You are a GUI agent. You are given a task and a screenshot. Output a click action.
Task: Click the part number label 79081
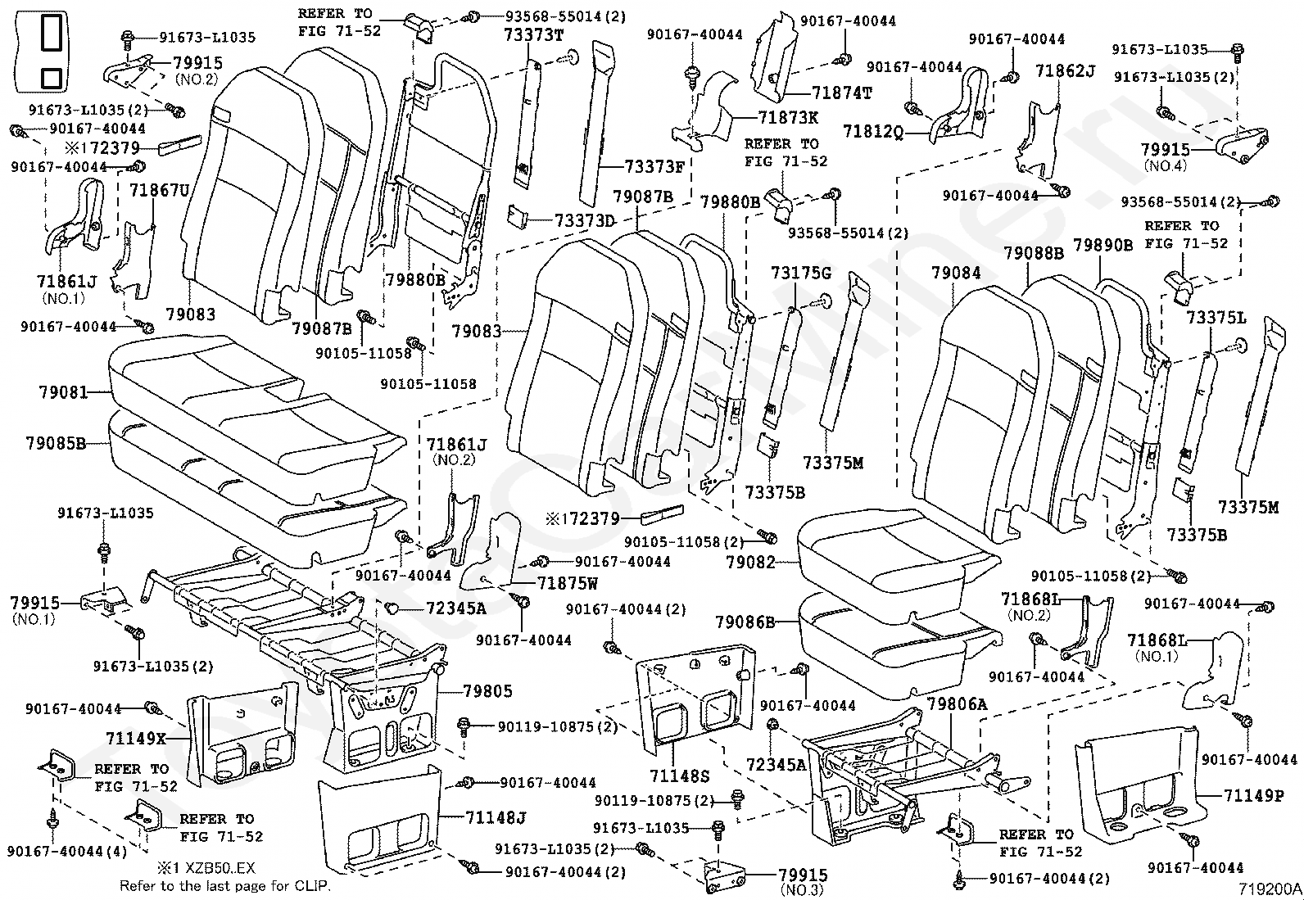(62, 393)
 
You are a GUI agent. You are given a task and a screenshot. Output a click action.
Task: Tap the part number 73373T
(534, 34)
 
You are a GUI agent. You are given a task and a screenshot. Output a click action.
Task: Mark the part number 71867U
(160, 192)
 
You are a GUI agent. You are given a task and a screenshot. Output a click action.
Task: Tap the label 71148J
(496, 817)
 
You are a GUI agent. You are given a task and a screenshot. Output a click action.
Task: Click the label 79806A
(958, 703)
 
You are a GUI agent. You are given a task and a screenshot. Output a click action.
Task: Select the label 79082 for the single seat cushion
(750, 563)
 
